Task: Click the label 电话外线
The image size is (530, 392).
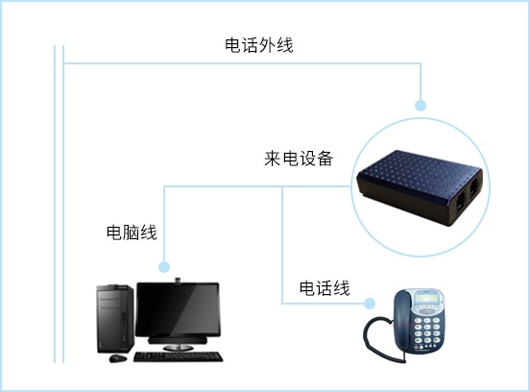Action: pyautogui.click(x=259, y=45)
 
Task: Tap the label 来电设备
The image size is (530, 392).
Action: pyautogui.click(x=299, y=158)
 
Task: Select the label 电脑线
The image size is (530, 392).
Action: pyautogui.click(x=132, y=233)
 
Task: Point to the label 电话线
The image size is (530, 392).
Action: pyautogui.click(x=325, y=288)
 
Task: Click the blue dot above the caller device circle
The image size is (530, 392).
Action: pyautogui.click(x=421, y=106)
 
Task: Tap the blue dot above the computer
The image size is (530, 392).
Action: pyautogui.click(x=164, y=267)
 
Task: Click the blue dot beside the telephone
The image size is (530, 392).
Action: pyautogui.click(x=370, y=304)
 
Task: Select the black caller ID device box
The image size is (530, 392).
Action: pyautogui.click(x=420, y=188)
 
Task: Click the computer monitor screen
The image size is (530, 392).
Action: pyautogui.click(x=178, y=309)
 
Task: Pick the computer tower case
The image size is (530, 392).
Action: pyautogui.click(x=115, y=319)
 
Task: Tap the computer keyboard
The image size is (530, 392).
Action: pyautogui.click(x=179, y=356)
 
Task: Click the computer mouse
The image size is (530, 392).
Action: pyautogui.click(x=118, y=357)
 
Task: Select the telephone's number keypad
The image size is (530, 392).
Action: pyautogui.click(x=427, y=332)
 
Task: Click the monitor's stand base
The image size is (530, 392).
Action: pyautogui.click(x=178, y=348)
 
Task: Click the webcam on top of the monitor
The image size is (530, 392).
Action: pyautogui.click(x=178, y=280)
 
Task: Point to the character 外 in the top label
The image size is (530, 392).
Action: pyautogui.click(x=267, y=45)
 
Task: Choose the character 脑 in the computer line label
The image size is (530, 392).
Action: pyautogui.click(x=132, y=233)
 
